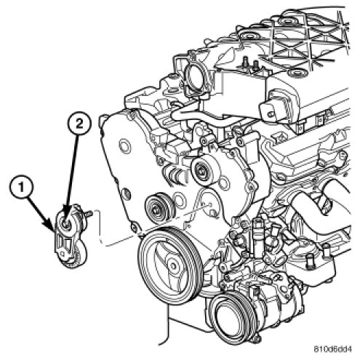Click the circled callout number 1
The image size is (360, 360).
click(x=21, y=187)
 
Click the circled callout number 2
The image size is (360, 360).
click(x=79, y=124)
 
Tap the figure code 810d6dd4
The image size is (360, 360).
click(x=332, y=349)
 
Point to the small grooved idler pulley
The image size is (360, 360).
click(x=159, y=207)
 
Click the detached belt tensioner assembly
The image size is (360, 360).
click(x=71, y=235)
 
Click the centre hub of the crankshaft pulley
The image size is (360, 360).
click(x=173, y=265)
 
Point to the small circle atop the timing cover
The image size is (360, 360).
click(x=125, y=145)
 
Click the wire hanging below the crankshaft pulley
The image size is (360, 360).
click(x=168, y=325)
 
